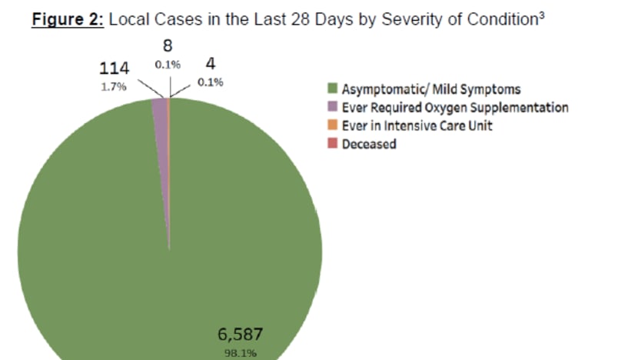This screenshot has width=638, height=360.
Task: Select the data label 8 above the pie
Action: [x=167, y=46]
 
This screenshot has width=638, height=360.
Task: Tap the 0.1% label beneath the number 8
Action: [x=168, y=65]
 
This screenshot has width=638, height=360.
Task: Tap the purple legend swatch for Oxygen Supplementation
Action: [x=334, y=108]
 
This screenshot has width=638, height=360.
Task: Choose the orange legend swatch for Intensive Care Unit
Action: [x=334, y=125]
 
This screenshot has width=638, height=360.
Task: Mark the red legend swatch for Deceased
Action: [x=334, y=144]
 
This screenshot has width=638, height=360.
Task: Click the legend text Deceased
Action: [x=369, y=144]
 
